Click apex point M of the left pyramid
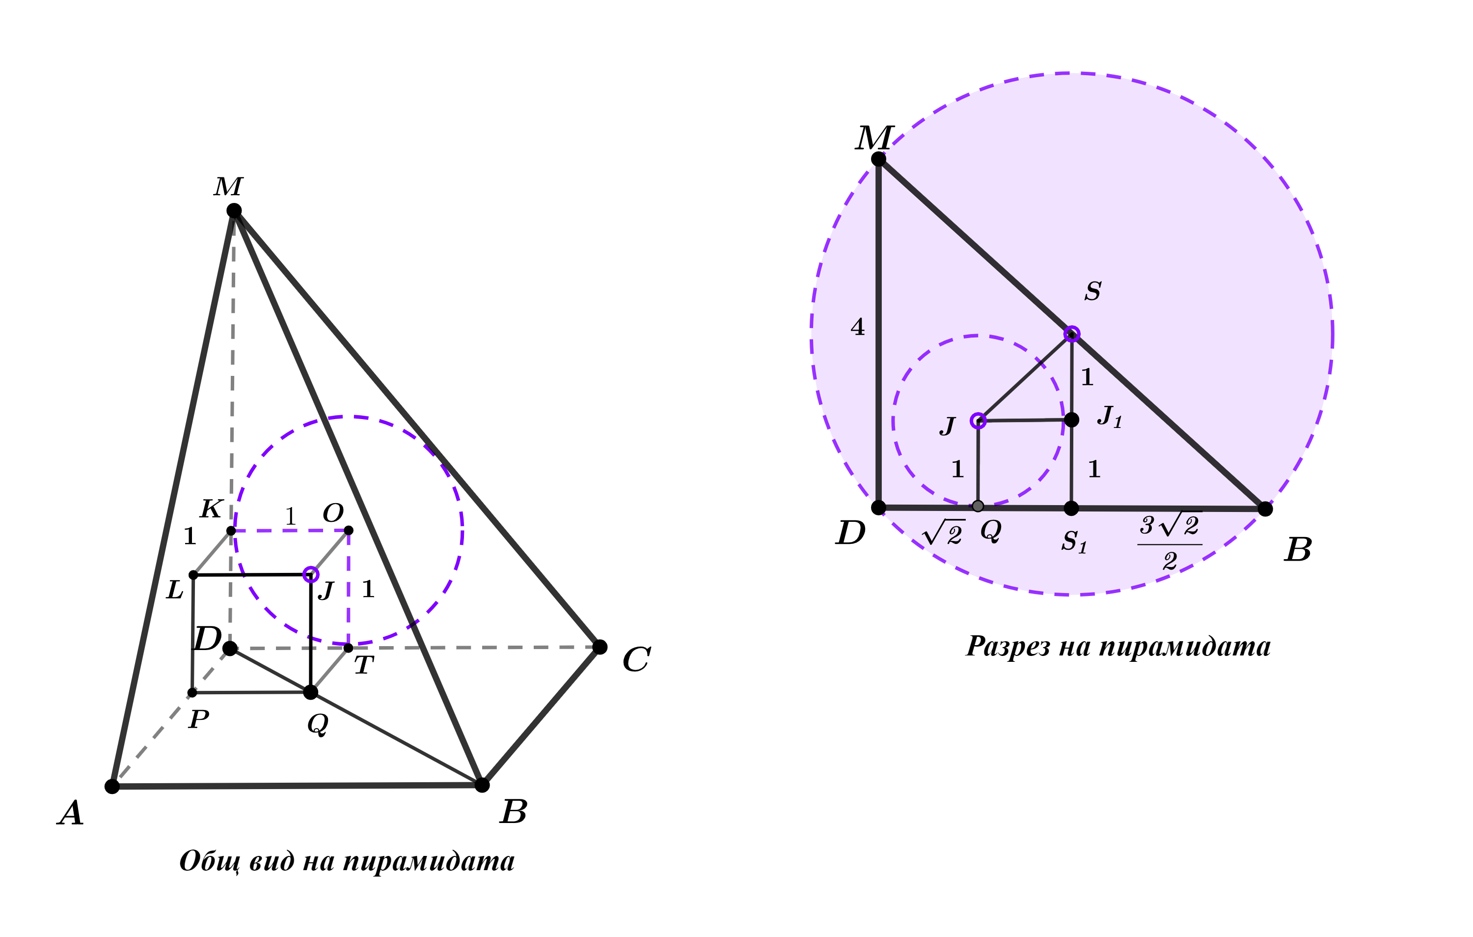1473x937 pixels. tap(234, 210)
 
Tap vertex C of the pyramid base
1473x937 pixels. tap(600, 647)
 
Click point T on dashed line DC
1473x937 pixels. tap(348, 648)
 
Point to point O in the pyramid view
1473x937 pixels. tap(349, 530)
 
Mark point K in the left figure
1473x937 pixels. tap(231, 531)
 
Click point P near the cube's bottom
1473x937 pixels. tap(192, 693)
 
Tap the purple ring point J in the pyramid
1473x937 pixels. tap(311, 574)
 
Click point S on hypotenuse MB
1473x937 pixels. tap(1071, 334)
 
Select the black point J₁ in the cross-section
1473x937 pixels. tap(1071, 420)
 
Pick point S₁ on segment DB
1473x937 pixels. tap(1071, 508)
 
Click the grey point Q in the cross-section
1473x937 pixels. tap(978, 506)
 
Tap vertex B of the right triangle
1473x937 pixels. tap(1265, 509)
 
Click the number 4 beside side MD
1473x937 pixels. tap(858, 327)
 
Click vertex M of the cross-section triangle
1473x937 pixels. tap(878, 159)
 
